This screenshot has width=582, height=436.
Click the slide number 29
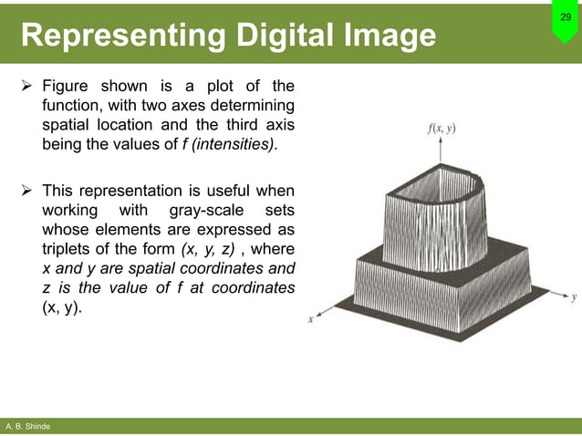click(x=565, y=17)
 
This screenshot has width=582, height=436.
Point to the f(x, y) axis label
click(x=442, y=129)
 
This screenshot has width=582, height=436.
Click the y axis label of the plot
click(x=574, y=297)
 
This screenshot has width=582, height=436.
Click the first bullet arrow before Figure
click(x=26, y=87)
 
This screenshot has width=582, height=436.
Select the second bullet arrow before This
click(x=26, y=191)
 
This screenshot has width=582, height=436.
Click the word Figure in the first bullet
click(x=68, y=87)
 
